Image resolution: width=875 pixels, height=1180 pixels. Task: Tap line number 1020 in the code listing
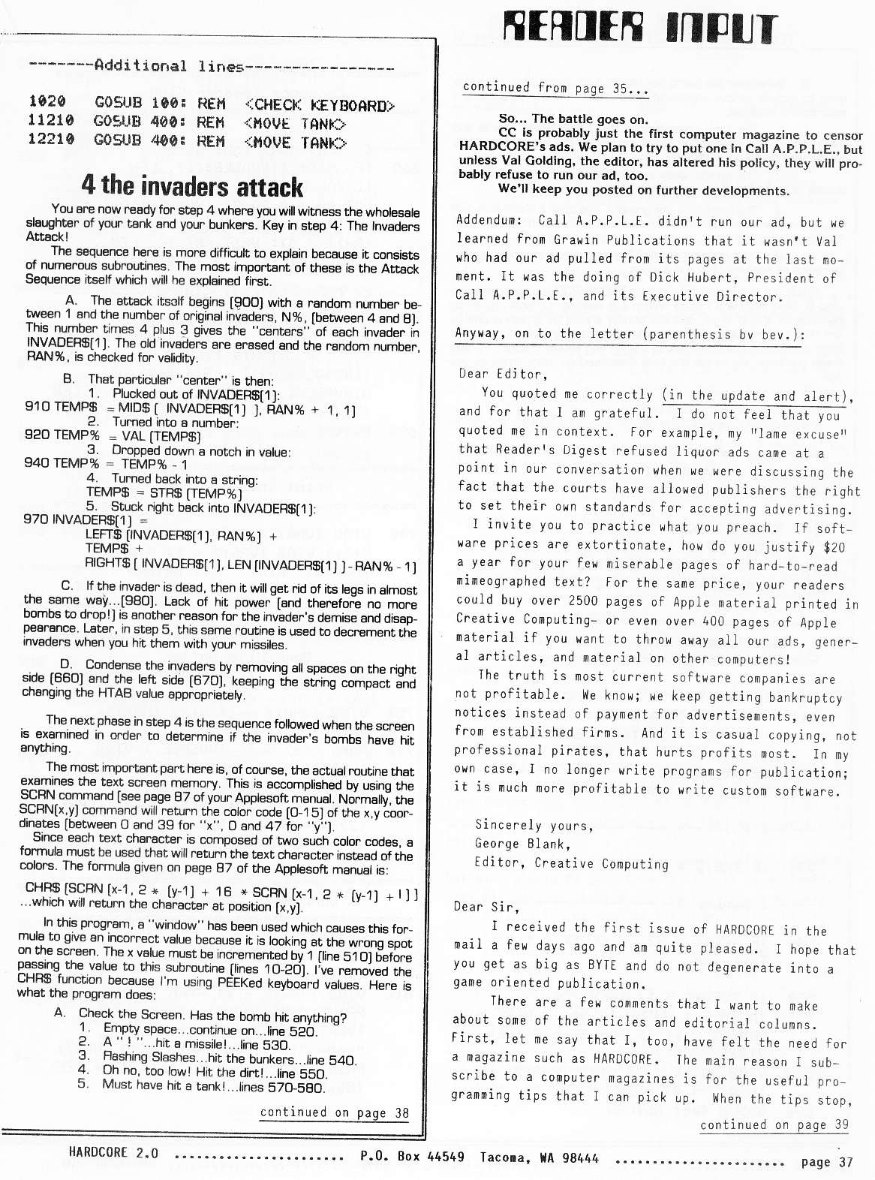point(47,101)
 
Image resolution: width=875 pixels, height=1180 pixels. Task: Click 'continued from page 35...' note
point(555,87)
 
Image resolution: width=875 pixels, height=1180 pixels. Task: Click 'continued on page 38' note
point(334,1112)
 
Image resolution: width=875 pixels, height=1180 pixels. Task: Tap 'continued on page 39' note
point(774,1124)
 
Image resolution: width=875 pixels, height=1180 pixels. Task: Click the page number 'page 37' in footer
point(827,1162)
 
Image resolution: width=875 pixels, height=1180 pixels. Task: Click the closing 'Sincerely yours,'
point(534,825)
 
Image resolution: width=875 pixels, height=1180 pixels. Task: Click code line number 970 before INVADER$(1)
point(37,519)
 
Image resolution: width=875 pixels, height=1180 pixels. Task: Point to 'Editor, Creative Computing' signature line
point(571,863)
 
